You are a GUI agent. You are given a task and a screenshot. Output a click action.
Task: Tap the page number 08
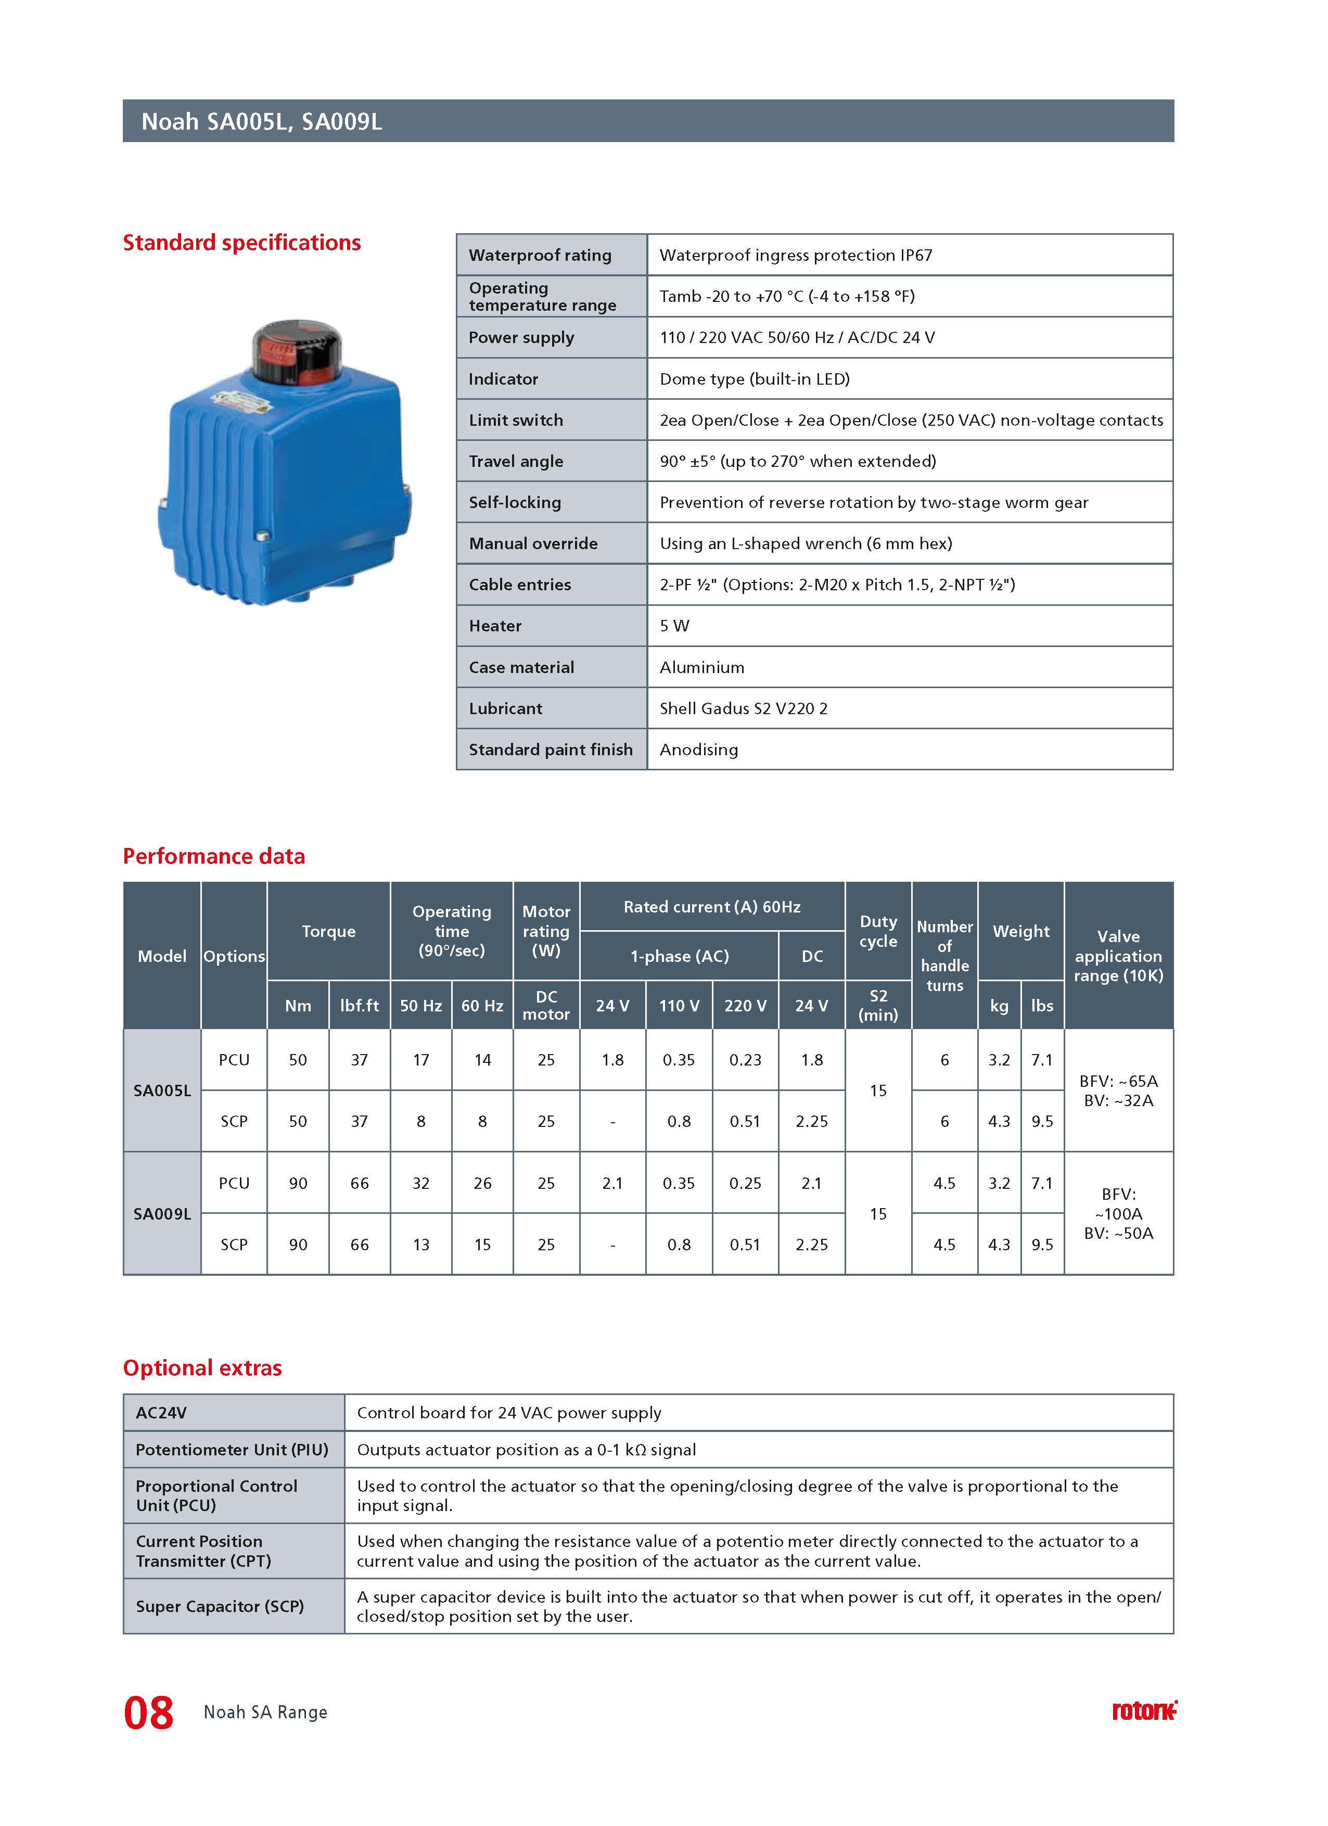click(148, 1713)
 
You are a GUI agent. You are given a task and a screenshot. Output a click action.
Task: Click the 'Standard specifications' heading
click(241, 243)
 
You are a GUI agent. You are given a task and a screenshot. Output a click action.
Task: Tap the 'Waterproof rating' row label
click(540, 255)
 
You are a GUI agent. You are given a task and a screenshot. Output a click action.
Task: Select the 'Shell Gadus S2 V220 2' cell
click(744, 708)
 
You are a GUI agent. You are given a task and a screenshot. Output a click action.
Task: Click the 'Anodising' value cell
click(699, 750)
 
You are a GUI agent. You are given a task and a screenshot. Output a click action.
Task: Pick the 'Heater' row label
click(495, 626)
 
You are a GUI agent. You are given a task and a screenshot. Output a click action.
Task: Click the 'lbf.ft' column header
click(359, 1006)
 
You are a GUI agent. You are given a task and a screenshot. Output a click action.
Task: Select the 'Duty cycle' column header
click(878, 932)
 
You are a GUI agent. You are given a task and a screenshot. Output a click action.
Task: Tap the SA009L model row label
click(162, 1213)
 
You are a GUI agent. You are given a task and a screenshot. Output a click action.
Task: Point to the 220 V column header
click(745, 1006)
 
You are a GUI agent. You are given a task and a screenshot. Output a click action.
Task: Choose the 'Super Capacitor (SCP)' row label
click(220, 1606)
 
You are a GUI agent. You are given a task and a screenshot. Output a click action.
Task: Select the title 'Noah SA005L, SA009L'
click(262, 122)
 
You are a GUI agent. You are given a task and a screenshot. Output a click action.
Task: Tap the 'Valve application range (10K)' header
click(1118, 956)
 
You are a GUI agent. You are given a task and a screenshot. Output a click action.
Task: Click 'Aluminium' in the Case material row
click(702, 667)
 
